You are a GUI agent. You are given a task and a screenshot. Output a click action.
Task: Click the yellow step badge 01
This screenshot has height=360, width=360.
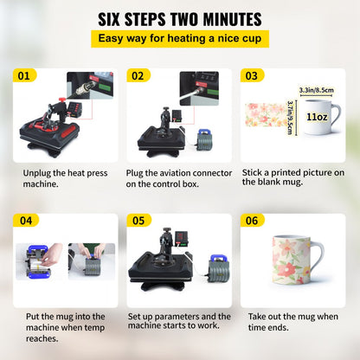[x=23, y=76]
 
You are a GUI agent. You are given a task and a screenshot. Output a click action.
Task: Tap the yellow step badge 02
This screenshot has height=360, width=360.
[x=137, y=76]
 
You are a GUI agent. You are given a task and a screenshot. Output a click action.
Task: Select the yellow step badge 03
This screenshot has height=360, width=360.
[x=250, y=76]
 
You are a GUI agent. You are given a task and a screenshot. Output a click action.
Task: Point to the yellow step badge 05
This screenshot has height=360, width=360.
[x=137, y=221]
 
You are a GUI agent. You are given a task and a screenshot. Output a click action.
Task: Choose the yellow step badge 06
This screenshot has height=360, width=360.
[x=250, y=221]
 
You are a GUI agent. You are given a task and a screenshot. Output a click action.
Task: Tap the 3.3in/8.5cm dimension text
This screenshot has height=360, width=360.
[x=317, y=88]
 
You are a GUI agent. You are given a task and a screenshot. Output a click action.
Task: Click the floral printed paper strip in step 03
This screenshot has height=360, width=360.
[x=268, y=115]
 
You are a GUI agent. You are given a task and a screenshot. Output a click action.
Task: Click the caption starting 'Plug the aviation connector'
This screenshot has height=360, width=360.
[x=177, y=179]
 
